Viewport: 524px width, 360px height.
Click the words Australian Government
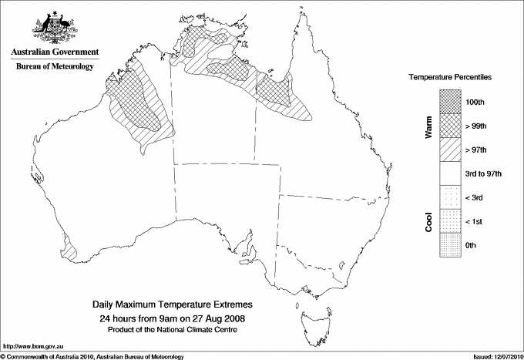54,52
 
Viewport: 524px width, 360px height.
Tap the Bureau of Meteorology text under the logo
54,66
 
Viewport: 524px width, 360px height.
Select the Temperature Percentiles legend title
451,78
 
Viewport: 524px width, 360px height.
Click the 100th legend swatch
450,100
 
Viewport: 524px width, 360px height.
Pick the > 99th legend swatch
450,124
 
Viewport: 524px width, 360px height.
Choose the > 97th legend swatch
450,148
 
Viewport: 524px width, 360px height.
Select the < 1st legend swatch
450,221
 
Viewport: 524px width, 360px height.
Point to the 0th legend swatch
450,245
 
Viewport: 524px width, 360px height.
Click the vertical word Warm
428,126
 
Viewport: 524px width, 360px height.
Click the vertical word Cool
428,221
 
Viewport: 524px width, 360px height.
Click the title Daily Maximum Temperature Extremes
173,305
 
